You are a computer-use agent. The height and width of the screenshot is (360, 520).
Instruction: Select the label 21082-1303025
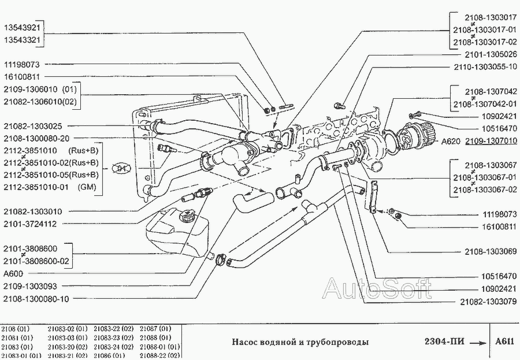point(32,126)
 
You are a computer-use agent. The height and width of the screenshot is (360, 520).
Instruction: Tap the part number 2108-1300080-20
point(36,139)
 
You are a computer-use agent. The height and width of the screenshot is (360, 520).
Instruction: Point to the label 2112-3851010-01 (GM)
point(50,187)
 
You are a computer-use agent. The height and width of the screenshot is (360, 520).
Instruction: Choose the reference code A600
point(13,273)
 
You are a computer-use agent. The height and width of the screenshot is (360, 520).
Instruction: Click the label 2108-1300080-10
point(36,299)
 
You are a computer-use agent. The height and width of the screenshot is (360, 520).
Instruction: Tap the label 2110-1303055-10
point(485,66)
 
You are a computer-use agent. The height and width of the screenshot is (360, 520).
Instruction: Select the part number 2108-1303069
point(491,252)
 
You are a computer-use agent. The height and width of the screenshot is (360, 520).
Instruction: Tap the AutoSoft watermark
point(376,287)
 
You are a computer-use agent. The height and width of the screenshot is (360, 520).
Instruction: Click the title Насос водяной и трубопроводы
point(300,342)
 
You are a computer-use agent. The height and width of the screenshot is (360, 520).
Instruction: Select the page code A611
point(504,342)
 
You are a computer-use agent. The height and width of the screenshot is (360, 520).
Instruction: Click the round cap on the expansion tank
point(187,217)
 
